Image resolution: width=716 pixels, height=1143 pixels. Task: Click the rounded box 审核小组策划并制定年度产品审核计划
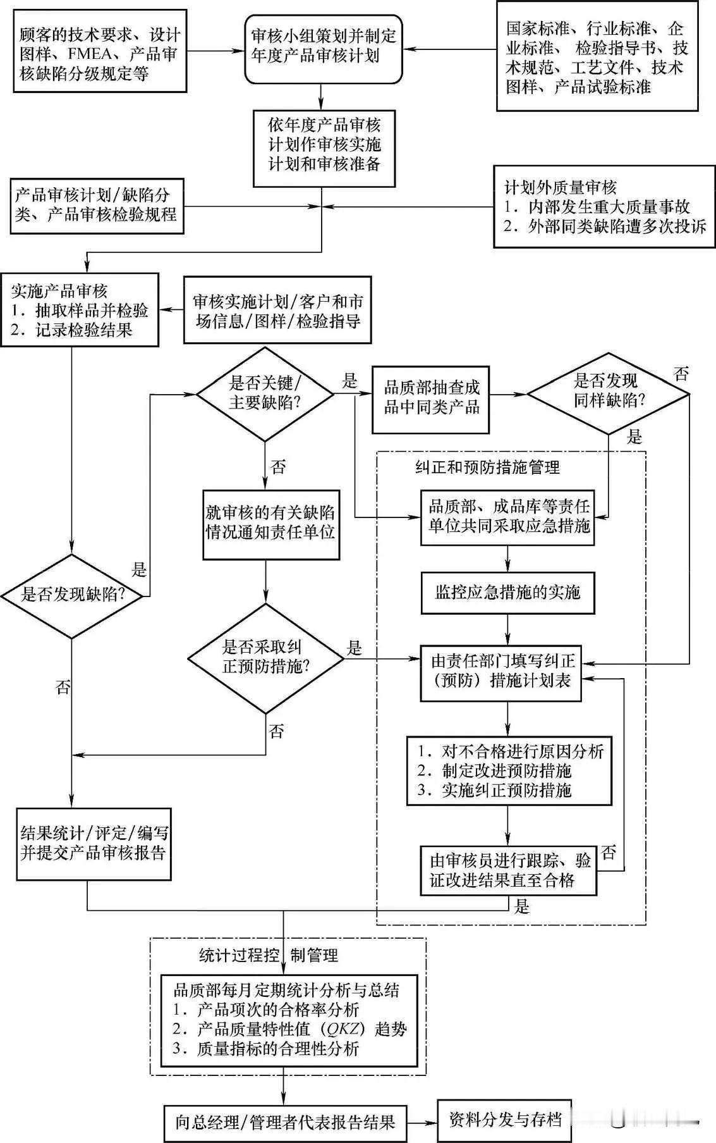(x=323, y=49)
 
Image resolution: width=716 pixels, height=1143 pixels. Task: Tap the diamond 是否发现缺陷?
(x=73, y=595)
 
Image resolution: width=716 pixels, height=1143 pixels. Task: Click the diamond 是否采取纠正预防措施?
(x=265, y=657)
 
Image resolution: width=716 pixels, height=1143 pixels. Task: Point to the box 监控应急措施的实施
(x=507, y=593)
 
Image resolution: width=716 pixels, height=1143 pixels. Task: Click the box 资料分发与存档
(x=504, y=1120)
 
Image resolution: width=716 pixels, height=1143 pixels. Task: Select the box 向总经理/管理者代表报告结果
(x=285, y=1123)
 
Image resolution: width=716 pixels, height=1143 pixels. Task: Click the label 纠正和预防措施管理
(x=487, y=467)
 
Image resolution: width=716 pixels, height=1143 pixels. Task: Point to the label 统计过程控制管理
(x=269, y=955)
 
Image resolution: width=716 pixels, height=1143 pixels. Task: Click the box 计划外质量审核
(x=604, y=206)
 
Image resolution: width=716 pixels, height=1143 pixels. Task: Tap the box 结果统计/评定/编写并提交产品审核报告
(x=94, y=844)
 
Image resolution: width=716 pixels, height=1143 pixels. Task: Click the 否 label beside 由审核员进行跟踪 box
(x=609, y=853)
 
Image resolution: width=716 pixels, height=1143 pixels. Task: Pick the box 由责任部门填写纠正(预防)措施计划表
(x=501, y=671)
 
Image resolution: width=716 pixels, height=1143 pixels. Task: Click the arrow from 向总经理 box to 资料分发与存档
(x=422, y=1123)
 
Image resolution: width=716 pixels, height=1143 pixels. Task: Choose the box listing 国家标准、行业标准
(x=597, y=56)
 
